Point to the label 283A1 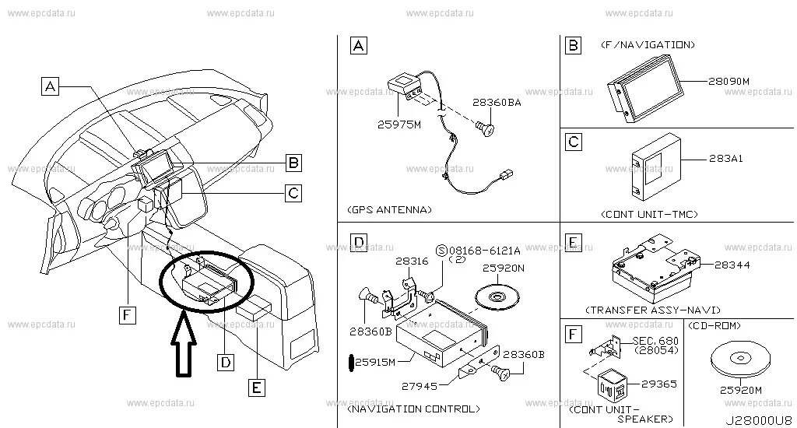coord(725,159)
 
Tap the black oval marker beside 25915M coord(350,362)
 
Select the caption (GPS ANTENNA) coord(389,210)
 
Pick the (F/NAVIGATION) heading coord(648,45)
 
